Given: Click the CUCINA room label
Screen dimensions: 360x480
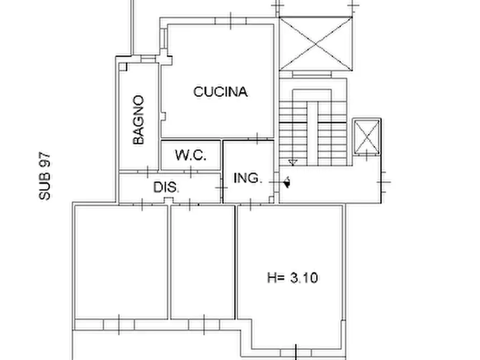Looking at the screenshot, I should pyautogui.click(x=220, y=92).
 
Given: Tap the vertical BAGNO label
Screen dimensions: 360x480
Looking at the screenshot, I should pyautogui.click(x=139, y=120).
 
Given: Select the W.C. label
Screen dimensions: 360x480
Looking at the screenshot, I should pyautogui.click(x=190, y=155).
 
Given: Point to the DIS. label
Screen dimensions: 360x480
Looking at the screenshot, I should pyautogui.click(x=167, y=188).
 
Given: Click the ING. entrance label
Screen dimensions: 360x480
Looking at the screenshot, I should pyautogui.click(x=248, y=178).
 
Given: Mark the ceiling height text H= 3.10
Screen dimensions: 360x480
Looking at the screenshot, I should pyautogui.click(x=292, y=278).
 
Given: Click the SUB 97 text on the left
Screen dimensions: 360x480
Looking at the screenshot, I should pyautogui.click(x=45, y=176).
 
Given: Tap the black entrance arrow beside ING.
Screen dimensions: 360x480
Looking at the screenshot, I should pyautogui.click(x=288, y=183).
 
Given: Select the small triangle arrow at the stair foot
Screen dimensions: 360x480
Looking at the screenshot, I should pyautogui.click(x=292, y=162).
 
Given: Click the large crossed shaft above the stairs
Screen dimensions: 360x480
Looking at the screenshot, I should pyautogui.click(x=316, y=44).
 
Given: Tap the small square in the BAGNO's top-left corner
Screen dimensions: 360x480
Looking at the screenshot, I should pyautogui.click(x=124, y=67).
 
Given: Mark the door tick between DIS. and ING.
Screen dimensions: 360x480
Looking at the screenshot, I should pyautogui.click(x=221, y=187).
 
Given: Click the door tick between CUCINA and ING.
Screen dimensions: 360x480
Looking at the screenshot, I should pyautogui.click(x=257, y=138).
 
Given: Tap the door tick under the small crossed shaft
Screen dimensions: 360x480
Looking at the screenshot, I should pyautogui.click(x=368, y=155).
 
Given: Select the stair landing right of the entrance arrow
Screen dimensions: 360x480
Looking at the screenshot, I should pyautogui.click(x=333, y=185).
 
